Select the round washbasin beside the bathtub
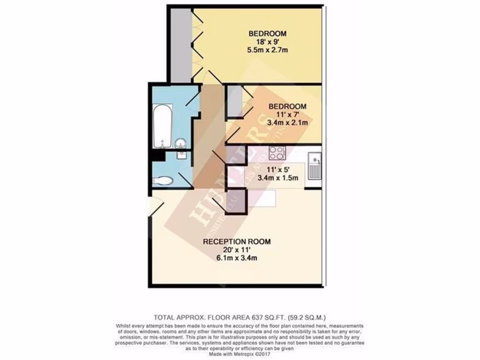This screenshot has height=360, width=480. (x=180, y=143)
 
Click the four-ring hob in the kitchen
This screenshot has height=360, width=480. (x=277, y=153)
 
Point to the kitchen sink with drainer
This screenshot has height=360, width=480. (x=314, y=166)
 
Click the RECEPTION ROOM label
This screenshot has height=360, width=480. (x=237, y=242)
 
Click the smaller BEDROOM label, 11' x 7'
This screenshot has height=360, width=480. (x=287, y=106)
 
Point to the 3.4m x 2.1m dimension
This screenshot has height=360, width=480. (x=287, y=123)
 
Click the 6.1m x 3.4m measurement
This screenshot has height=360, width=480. (x=237, y=258)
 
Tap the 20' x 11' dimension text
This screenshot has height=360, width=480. (x=237, y=250)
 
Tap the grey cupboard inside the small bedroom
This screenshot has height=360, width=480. (x=233, y=101)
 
